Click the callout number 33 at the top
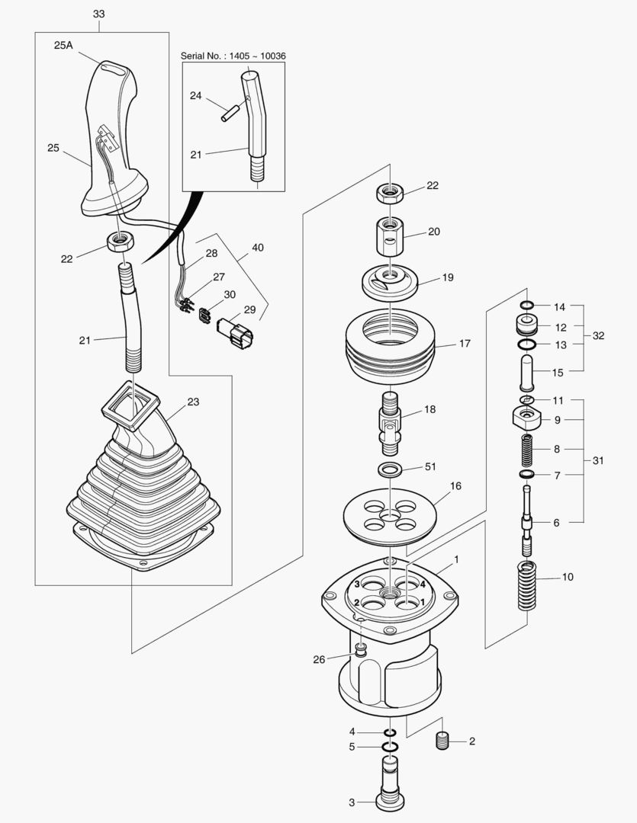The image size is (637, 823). pyautogui.click(x=99, y=14)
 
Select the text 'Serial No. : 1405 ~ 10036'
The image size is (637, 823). pyautogui.click(x=233, y=56)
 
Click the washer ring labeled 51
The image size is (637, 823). pyautogui.click(x=390, y=467)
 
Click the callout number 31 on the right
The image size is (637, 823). pyautogui.click(x=599, y=460)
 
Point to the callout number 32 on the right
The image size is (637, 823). pyautogui.click(x=599, y=335)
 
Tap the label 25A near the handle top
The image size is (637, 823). pyautogui.click(x=63, y=45)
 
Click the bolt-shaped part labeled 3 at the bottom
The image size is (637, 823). pyautogui.click(x=390, y=785)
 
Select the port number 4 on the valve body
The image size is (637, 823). pyautogui.click(x=422, y=584)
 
